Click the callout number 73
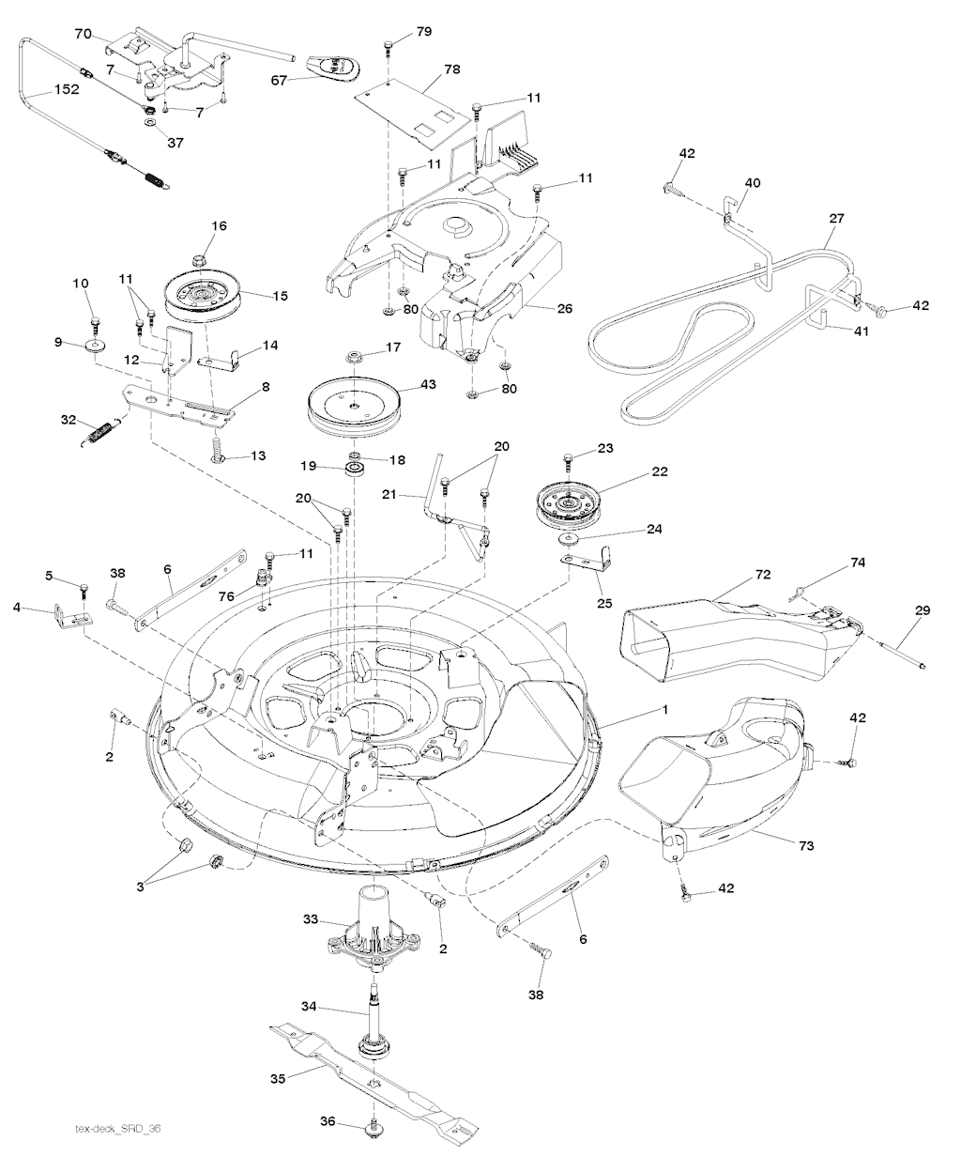[x=806, y=846]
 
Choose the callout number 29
[x=922, y=611]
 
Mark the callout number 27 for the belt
[x=836, y=218]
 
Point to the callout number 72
[x=762, y=572]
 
